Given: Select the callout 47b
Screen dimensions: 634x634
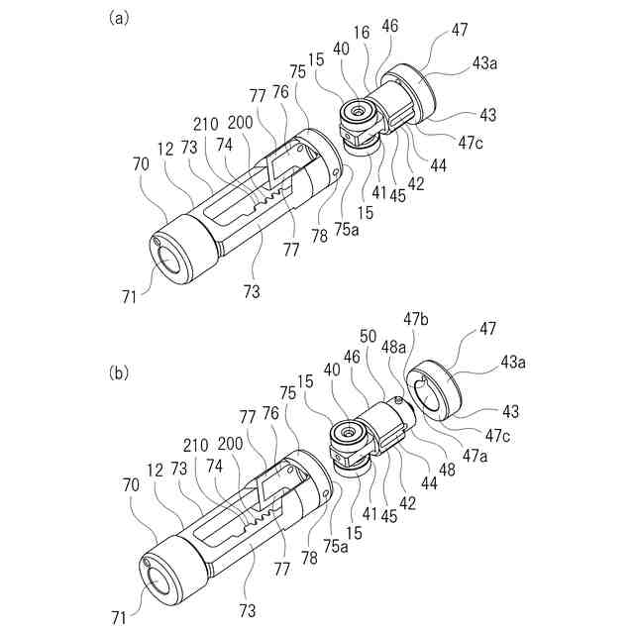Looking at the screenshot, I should click(414, 318).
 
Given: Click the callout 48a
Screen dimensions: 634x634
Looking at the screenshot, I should click(393, 348).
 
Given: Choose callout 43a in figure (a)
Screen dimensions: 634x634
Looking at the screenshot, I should click(484, 63).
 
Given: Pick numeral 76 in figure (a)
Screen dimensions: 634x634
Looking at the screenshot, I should click(281, 92).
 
